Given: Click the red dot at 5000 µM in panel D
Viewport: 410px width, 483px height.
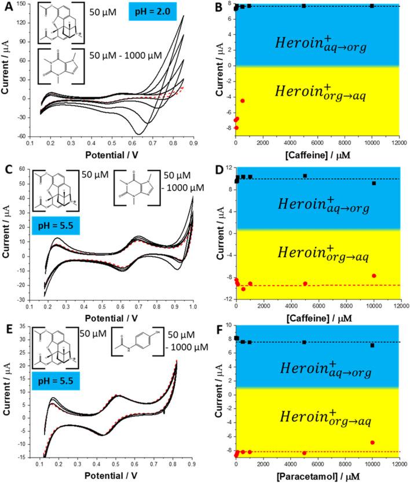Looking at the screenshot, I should tap(305, 283).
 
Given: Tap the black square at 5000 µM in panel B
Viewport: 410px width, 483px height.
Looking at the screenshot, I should tap(304, 6).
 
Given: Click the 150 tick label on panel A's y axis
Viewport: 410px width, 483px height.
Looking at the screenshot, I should tap(25, 5).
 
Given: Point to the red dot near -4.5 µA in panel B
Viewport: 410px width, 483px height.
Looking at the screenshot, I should tap(243, 101).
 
